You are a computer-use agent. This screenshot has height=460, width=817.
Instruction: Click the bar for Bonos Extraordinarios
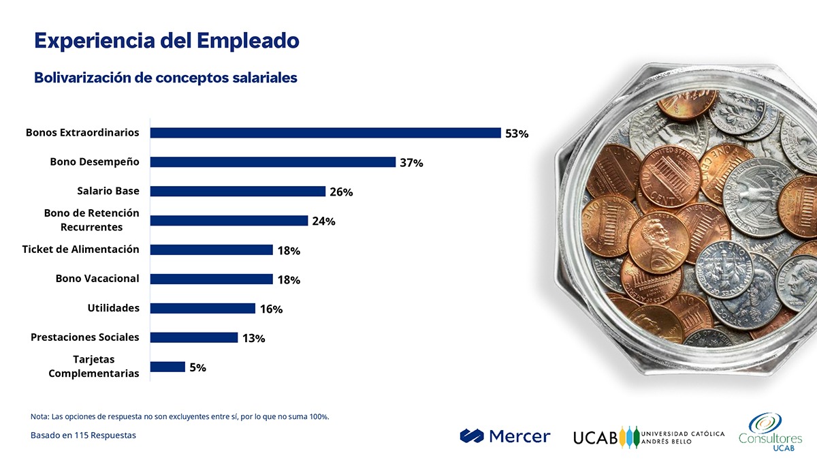pos(325,133)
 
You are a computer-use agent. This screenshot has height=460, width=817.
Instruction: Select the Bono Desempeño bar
pos(272,162)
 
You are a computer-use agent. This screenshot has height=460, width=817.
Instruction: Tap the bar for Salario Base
pos(238,191)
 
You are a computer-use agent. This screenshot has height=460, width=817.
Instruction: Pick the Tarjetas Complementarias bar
pos(167,367)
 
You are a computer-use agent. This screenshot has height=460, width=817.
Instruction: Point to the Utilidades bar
pos(202,308)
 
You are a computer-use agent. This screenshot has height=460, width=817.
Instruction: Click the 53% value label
pos(517,134)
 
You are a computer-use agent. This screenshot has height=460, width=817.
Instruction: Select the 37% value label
pos(411,163)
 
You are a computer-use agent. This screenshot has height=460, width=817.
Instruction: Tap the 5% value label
pos(197,367)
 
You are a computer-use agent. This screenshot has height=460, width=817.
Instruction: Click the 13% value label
pos(253,338)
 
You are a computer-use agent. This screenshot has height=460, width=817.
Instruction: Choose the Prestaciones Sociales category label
pos(85,337)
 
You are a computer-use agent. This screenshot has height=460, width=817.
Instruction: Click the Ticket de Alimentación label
pos(80,249)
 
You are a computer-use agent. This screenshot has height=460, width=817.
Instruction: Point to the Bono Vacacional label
pos(97,279)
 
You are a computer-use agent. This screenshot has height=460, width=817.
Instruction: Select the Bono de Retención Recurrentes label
pos(91,220)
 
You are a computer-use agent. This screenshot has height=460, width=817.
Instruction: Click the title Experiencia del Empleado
pos(167,41)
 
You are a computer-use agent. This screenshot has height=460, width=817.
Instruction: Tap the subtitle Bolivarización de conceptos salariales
pos(165,78)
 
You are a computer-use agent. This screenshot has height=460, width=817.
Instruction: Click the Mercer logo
pos(504,436)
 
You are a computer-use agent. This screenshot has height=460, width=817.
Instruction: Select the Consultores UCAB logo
pos(771,431)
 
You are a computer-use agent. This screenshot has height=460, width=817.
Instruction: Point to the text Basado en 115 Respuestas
pos(83,435)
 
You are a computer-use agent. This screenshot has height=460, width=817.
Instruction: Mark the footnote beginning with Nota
pos(180,416)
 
